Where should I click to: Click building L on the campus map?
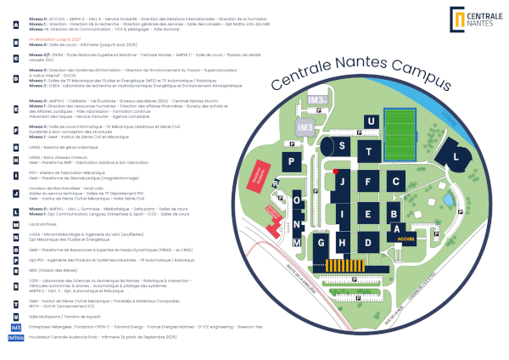[457, 158]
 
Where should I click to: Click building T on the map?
[368, 152]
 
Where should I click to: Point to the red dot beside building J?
[336, 172]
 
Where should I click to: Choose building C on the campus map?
[394, 181]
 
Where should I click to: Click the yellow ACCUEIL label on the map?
[404, 240]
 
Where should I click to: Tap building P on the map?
[293, 162]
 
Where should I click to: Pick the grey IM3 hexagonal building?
[305, 127]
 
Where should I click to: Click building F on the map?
[367, 181]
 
